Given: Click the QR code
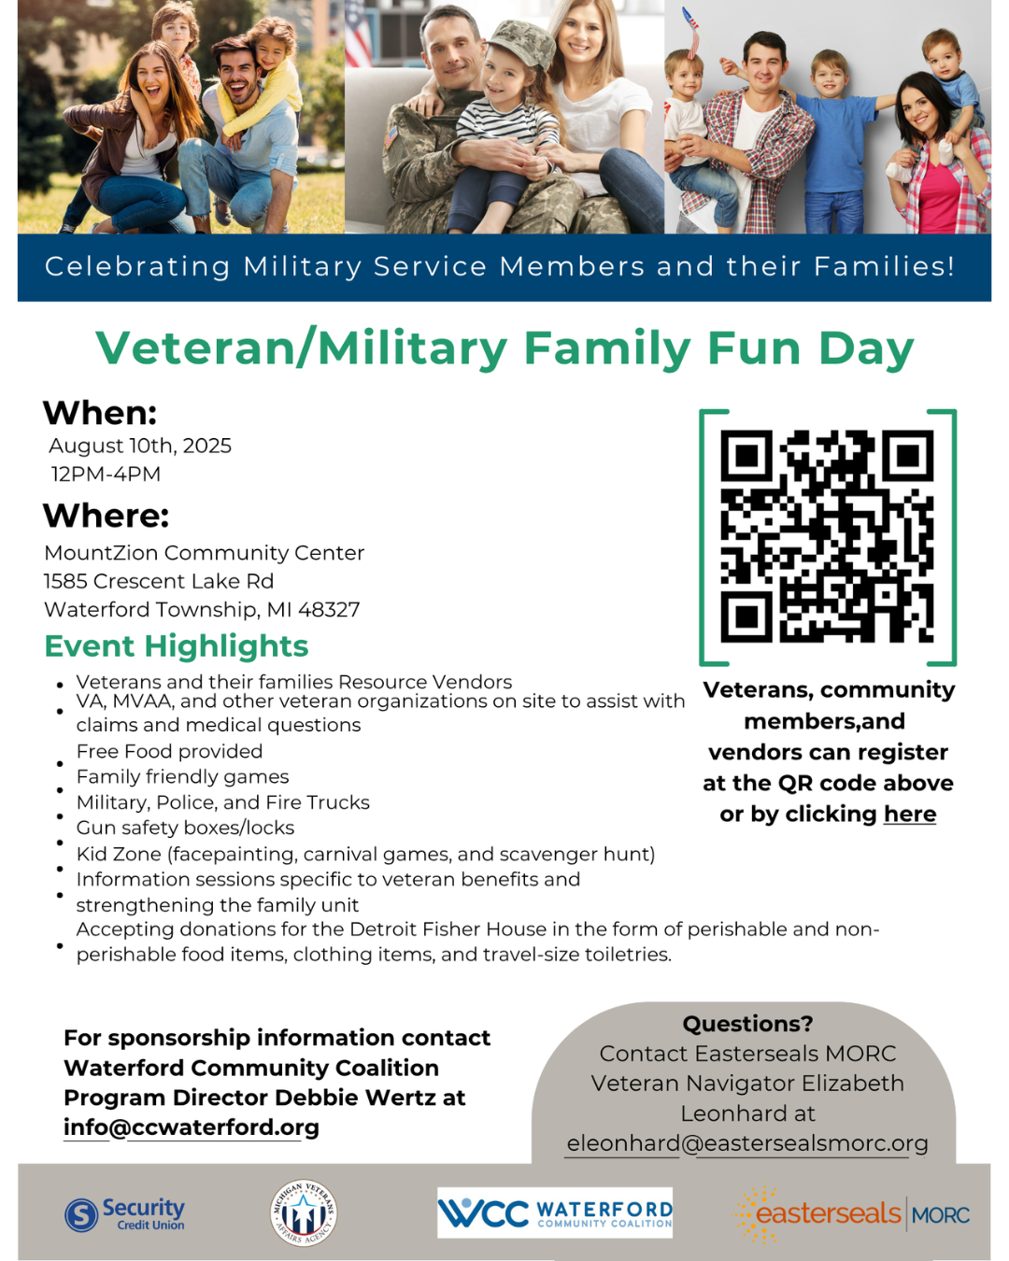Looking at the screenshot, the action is coord(827,537).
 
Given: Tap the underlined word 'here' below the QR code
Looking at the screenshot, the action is coord(910,814).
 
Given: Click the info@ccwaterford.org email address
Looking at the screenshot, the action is coord(192,1127).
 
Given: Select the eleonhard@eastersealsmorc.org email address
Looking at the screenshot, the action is coord(747,1143).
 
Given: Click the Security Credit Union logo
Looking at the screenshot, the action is coord(125,1214).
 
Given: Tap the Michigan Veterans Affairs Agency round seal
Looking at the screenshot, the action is coord(303,1212).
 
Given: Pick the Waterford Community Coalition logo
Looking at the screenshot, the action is coord(555,1212).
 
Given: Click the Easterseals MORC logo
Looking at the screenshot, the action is coord(852,1214).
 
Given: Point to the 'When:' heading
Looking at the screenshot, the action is coord(100,413).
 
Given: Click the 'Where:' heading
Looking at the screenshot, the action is coord(107,516).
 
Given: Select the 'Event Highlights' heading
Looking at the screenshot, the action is coord(177,646).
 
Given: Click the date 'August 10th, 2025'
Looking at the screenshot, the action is coord(140,446).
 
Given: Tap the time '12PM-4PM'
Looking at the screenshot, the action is coord(106,475).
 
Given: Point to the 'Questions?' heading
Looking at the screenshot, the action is coord(747,1024).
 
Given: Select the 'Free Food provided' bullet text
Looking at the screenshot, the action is coord(169,751).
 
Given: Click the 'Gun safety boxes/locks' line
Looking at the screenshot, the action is coord(185,828).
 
